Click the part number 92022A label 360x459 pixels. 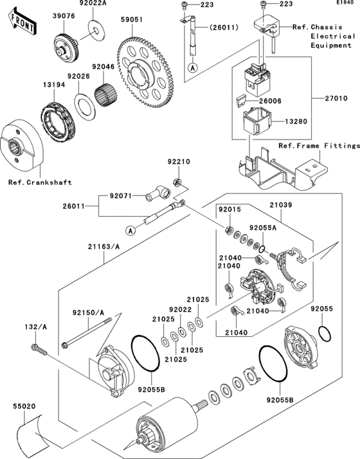click(94, 4)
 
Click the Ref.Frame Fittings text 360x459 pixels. click(318, 146)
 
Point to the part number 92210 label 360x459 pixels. click(179, 161)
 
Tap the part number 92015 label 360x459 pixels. click(228, 210)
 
